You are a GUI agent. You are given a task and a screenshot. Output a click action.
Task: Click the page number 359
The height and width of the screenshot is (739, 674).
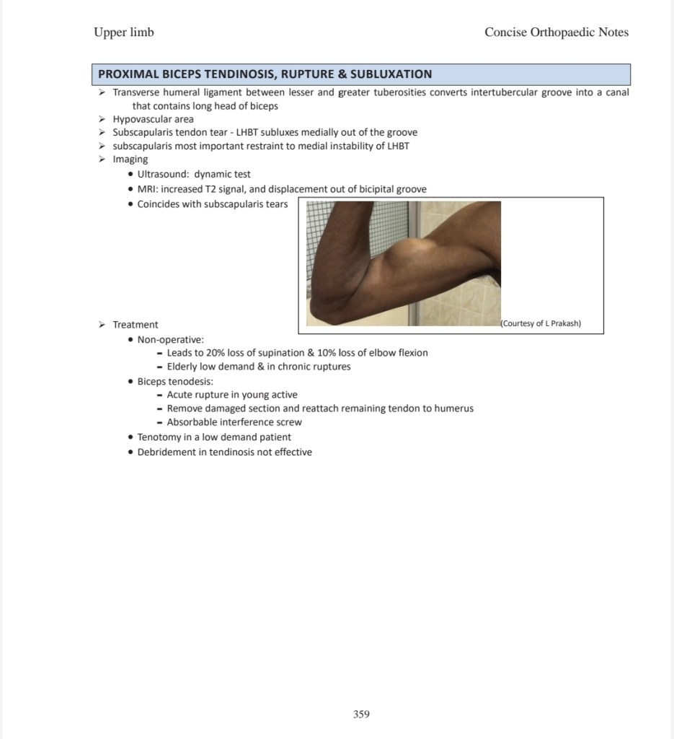pos(361,714)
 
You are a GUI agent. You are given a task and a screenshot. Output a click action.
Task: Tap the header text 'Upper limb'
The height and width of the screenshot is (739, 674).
pos(123,32)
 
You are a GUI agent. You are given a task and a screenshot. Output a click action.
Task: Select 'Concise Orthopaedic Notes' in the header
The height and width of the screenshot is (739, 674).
pos(557,32)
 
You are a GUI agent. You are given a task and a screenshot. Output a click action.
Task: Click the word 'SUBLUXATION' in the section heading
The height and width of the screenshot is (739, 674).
pos(391,74)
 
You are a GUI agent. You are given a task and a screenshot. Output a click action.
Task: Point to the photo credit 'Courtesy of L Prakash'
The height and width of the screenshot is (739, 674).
pos(541,323)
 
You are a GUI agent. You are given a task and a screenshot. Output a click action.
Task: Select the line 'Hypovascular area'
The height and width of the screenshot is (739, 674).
pos(153,119)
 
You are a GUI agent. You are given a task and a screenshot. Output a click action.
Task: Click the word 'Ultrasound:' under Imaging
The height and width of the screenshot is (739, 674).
pos(163,174)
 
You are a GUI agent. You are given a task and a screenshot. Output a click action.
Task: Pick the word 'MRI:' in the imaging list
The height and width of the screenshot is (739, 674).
pos(148,189)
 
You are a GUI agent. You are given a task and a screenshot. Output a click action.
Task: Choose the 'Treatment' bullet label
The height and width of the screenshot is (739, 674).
pos(135,325)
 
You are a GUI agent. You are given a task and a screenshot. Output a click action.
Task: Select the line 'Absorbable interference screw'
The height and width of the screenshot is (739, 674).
pos(234,422)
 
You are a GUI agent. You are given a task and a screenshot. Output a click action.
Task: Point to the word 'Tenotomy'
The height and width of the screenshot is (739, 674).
pos(159,437)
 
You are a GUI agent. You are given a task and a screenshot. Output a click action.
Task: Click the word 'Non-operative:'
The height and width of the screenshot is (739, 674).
pos(170,339)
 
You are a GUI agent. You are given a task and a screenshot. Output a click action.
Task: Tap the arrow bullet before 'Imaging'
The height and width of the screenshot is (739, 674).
pos(102,159)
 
